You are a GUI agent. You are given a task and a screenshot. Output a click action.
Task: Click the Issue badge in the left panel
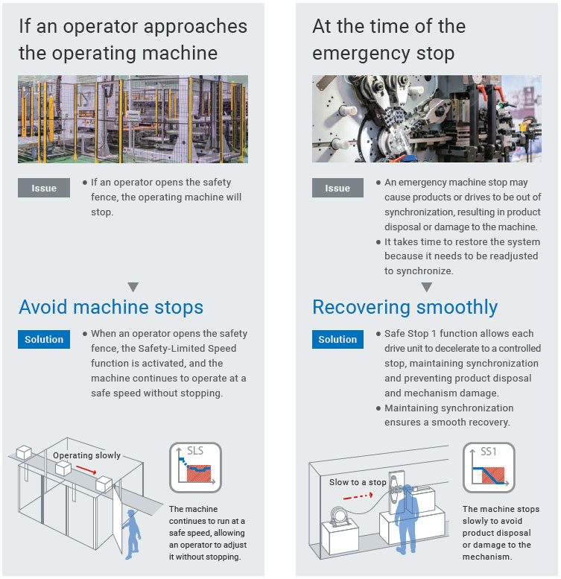point(44,189)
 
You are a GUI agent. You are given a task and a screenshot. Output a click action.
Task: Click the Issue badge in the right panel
point(337,189)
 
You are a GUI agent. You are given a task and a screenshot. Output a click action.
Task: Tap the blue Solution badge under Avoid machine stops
point(44,340)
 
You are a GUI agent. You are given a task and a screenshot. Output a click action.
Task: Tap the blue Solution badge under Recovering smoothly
point(337,340)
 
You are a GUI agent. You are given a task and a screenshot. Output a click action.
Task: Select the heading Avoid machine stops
point(111,307)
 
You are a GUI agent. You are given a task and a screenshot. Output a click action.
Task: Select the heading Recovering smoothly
point(405,307)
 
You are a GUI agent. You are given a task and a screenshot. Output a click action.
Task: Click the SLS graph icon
point(195,467)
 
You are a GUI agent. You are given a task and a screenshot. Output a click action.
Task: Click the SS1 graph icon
point(489,467)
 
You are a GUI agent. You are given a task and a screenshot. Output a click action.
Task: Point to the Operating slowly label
point(86,455)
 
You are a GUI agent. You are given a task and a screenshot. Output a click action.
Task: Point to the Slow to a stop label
point(358,482)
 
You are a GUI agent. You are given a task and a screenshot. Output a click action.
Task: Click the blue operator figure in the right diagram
point(407,514)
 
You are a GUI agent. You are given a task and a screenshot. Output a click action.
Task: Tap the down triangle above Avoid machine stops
point(133,286)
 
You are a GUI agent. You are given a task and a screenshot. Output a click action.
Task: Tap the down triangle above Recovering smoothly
point(427,286)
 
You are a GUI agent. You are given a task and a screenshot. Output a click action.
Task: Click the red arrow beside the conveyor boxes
point(86,471)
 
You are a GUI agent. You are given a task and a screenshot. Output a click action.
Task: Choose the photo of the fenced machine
point(133,119)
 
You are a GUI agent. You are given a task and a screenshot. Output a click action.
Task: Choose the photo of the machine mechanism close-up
point(426,119)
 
